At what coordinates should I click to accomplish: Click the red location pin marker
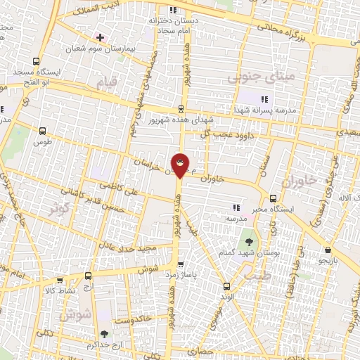pos(181,165)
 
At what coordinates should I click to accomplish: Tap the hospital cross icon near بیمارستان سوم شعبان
pos(101,37)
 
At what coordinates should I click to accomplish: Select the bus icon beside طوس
pos(44,131)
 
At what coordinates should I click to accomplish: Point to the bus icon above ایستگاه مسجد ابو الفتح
pos(36,61)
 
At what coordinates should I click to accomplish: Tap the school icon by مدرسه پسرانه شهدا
pos(265,99)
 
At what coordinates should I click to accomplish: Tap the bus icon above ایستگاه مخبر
pos(273,198)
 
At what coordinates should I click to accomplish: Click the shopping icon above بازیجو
pos(328,250)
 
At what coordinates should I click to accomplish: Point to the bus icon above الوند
pos(226,286)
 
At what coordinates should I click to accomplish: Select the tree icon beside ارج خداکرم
pos(105,334)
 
